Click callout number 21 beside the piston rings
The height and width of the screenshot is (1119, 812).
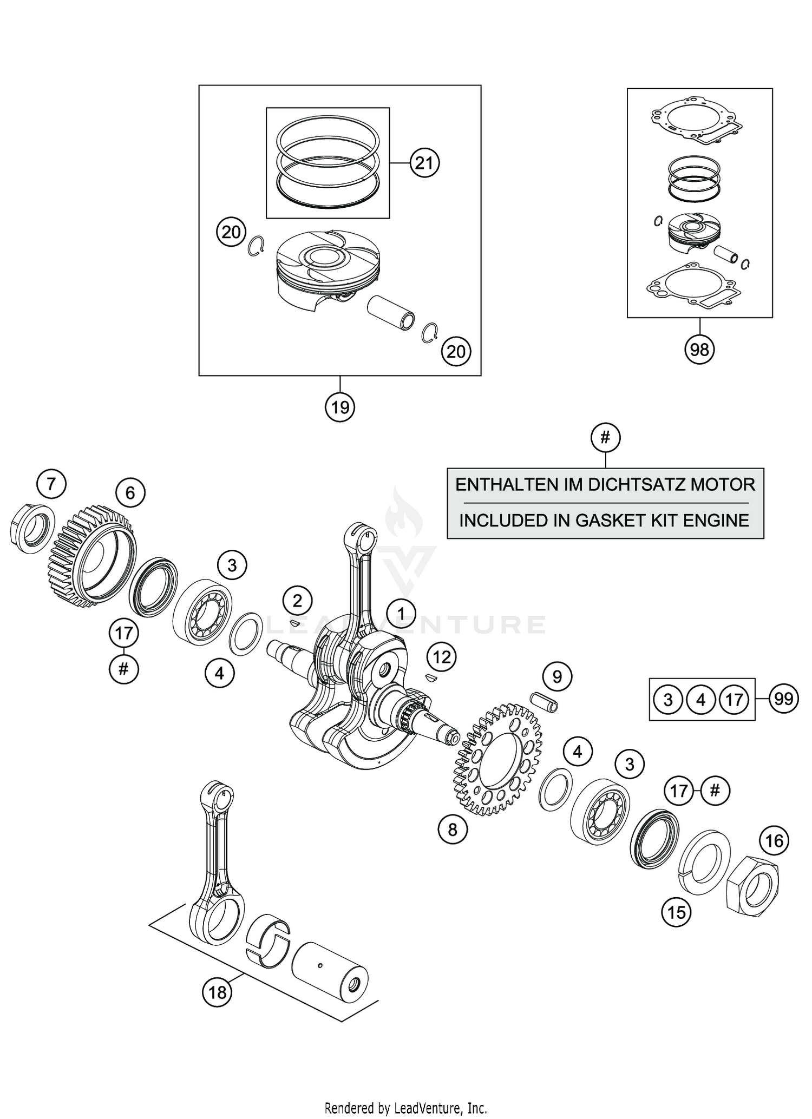point(424,162)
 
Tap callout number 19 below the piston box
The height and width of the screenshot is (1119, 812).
point(340,406)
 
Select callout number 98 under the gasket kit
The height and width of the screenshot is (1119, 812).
point(699,350)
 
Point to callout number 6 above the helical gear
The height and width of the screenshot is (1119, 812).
point(130,492)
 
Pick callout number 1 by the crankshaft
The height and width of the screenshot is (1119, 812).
point(401,613)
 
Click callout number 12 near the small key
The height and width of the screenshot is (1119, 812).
point(442,657)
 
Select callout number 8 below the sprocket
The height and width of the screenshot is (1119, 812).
point(453,830)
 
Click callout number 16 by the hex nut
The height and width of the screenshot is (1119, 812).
point(774,840)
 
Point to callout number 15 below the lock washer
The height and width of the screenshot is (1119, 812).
point(677,913)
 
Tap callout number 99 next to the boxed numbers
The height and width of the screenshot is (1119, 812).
point(784,699)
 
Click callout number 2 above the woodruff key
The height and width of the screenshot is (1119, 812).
point(297,601)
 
